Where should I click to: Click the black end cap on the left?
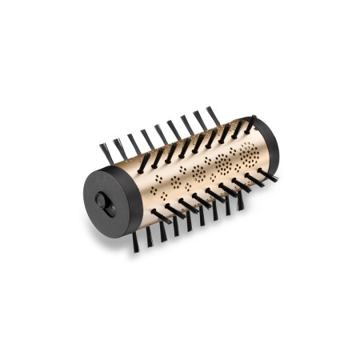[112, 204]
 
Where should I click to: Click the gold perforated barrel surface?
[192, 172]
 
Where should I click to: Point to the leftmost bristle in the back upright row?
[105, 153]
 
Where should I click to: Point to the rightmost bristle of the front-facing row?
[267, 176]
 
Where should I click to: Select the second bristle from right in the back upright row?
[199, 120]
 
